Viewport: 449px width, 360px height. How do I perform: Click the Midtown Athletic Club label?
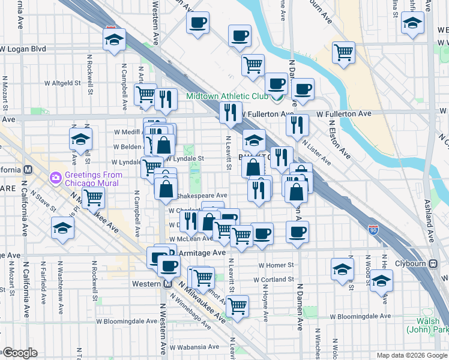227,96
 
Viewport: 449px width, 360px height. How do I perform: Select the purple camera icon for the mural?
56,177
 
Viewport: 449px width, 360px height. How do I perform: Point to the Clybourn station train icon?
433,263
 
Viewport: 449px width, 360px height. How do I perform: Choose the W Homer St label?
276,265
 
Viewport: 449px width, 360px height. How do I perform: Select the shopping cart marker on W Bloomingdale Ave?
238,305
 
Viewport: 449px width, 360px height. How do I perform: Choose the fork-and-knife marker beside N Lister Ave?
297,125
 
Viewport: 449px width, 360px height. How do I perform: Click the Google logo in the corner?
20,353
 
